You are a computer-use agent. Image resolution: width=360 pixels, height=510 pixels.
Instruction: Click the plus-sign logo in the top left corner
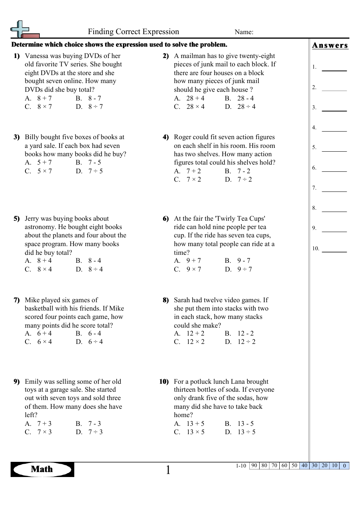pos(22,30)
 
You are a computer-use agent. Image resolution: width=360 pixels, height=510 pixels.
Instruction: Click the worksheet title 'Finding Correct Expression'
pos(133,32)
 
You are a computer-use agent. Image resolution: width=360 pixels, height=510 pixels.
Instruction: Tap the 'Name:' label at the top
pos(244,32)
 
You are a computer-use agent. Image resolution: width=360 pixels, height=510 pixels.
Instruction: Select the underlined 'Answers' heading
pos(330,46)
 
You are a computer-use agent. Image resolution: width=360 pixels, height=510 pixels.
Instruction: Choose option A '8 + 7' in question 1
pos(44,98)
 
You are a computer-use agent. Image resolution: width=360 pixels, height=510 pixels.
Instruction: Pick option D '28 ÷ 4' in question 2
pos(246,107)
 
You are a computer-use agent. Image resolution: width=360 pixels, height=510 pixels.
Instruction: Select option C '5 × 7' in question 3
pos(44,171)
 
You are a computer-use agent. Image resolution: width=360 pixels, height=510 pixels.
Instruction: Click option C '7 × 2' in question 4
pos(193,179)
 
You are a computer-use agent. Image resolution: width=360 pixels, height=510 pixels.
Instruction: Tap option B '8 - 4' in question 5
pos(94,260)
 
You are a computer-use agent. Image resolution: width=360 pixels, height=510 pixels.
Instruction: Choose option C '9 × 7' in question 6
pos(193,269)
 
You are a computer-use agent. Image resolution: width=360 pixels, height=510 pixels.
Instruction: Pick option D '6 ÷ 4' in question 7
pos(95,342)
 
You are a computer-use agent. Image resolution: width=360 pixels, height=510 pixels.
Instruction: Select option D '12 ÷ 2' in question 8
pos(246,342)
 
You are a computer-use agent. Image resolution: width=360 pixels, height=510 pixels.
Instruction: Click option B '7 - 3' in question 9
pos(94,424)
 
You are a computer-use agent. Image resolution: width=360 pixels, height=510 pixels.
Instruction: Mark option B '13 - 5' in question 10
pos(245,424)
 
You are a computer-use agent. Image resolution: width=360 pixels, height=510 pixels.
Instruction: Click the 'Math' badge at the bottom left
pos(42,469)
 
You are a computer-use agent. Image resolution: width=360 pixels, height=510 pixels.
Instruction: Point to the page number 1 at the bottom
pos(168,470)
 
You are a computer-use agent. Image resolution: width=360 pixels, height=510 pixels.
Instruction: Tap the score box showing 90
pos(254,466)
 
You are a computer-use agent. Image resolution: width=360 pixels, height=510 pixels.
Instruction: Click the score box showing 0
pos(344,466)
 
